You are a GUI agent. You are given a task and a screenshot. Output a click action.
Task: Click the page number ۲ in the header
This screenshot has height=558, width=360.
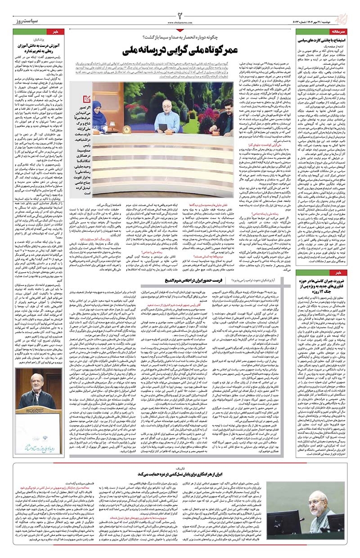(x=180, y=9)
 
